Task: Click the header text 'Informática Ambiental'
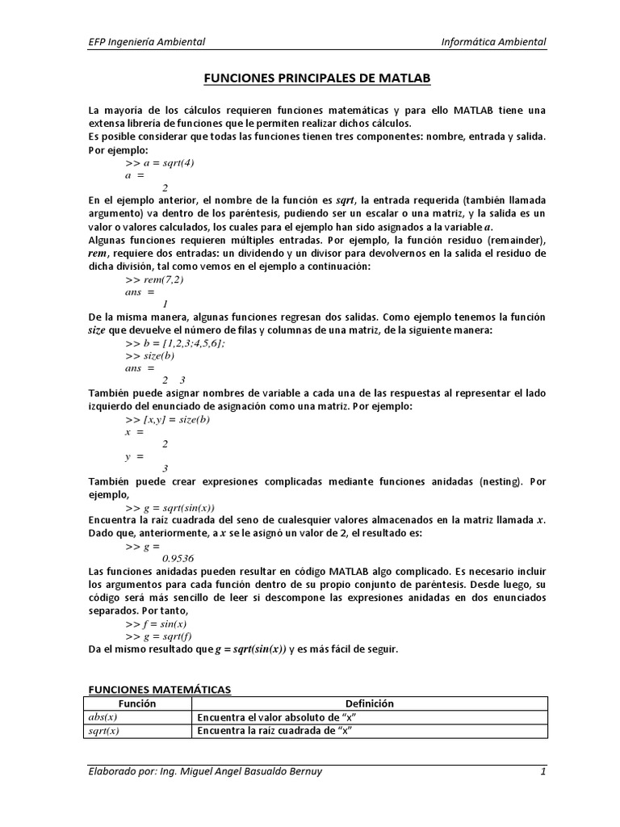[495, 42]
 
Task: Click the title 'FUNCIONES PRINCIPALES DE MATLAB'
[316, 78]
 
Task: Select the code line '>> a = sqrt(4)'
[160, 162]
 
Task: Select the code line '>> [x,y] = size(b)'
[168, 419]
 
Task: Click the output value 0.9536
[178, 558]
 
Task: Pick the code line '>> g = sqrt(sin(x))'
[170, 507]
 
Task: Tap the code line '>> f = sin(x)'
[157, 623]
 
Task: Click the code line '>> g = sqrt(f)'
[159, 636]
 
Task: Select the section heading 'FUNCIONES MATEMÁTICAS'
[159, 689]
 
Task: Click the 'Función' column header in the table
[137, 703]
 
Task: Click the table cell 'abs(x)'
[103, 717]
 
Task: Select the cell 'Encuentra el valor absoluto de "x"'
[276, 717]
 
